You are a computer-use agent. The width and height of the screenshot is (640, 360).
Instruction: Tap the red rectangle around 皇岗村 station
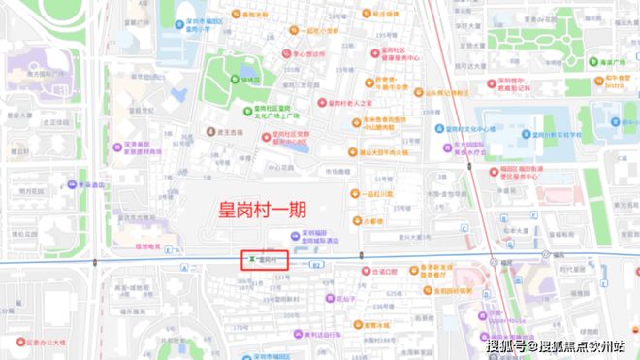265,259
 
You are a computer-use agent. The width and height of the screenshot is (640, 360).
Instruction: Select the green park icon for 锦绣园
234,80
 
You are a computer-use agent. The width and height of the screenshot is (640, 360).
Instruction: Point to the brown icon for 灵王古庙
208,129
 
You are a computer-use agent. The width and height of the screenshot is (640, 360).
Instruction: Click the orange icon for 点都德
356,221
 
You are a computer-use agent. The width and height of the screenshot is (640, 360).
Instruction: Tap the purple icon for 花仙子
328,298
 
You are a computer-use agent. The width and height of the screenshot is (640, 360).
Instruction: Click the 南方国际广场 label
48,74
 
